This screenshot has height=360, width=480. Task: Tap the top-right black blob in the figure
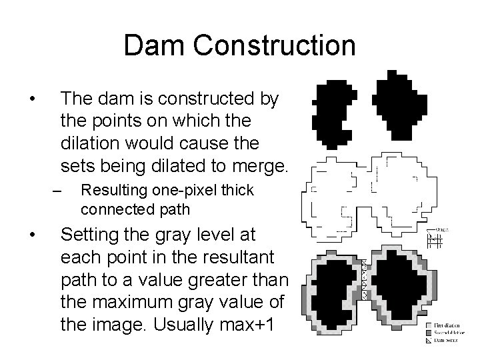(x=399, y=103)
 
